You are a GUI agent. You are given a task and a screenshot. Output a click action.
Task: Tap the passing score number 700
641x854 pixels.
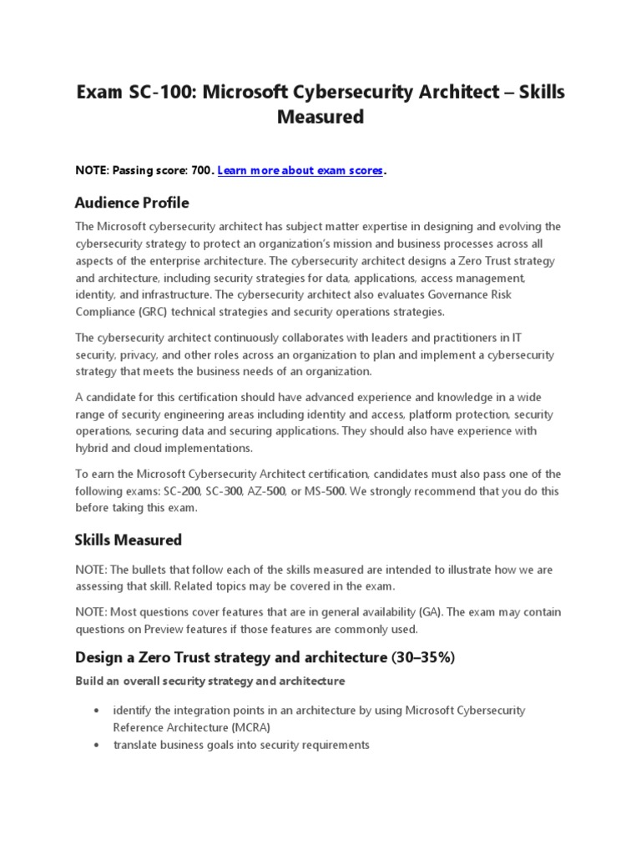click(202, 170)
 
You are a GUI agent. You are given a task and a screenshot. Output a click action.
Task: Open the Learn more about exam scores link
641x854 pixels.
click(300, 170)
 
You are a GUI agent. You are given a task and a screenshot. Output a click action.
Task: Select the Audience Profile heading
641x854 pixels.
click(132, 203)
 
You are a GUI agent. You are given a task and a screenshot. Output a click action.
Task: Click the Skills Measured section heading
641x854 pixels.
click(128, 540)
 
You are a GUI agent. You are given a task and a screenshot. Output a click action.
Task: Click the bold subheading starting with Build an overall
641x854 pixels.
click(209, 681)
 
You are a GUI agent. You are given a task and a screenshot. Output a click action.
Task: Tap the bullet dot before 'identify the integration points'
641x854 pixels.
click(97, 710)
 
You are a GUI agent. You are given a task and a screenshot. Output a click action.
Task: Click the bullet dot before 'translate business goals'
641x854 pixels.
click(97, 745)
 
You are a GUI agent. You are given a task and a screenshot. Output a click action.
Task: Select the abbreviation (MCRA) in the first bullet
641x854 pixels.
click(249, 726)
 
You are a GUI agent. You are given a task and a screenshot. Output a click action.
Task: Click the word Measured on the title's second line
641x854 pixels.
click(320, 118)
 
